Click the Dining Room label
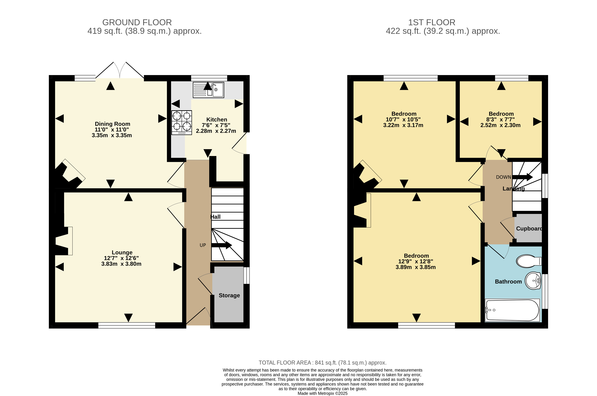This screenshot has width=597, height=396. coord(112,124)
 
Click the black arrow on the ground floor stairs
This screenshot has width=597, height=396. coord(221,245)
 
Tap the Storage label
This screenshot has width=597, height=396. coord(229,295)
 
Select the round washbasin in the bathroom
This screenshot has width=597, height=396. coord(533,281)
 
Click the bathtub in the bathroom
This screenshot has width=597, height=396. coord(512,310)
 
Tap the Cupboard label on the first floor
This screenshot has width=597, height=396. coord(529,229)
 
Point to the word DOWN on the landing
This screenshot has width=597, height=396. coord(503,177)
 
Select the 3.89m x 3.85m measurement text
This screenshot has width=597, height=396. coord(416,267)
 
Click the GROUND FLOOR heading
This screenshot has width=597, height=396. coord(137,22)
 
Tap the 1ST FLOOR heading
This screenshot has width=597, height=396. coord(432,22)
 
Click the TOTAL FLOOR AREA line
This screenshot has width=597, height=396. coord(323,363)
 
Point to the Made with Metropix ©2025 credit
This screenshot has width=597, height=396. coord(323,393)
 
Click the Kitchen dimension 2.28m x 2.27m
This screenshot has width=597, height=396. coord(216,131)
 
